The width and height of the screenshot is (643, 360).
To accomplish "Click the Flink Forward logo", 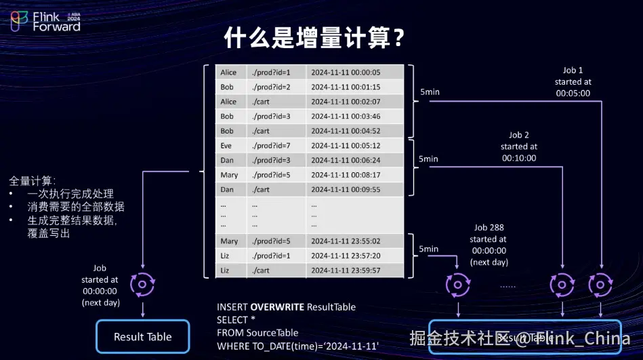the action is click(x=45, y=22).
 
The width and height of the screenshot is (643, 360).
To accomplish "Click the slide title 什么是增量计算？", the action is click(x=314, y=38).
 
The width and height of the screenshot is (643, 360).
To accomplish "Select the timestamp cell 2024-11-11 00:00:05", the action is click(x=346, y=73).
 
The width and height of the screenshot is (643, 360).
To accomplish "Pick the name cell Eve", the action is click(x=226, y=146).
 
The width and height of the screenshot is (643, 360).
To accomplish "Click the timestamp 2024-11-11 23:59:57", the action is click(x=346, y=271).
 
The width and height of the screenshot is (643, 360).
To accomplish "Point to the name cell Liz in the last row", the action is click(x=226, y=271).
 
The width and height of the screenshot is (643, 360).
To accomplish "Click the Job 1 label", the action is click(x=573, y=71).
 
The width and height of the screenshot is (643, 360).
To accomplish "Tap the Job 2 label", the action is click(x=519, y=135).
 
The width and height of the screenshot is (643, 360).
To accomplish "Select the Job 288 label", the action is click(x=489, y=228).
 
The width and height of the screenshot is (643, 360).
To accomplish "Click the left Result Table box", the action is click(x=143, y=337).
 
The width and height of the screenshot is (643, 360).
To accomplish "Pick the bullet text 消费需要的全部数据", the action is click(x=76, y=207).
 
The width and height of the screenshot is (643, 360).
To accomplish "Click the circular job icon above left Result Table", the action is click(x=143, y=283).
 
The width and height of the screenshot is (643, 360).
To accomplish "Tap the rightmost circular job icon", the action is click(x=601, y=285).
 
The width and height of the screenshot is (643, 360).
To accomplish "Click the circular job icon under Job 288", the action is click(x=458, y=285).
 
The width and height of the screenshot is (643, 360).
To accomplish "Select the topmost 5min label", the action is click(x=429, y=92).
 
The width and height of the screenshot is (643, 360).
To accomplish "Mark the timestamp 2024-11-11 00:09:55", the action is click(x=346, y=190).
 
